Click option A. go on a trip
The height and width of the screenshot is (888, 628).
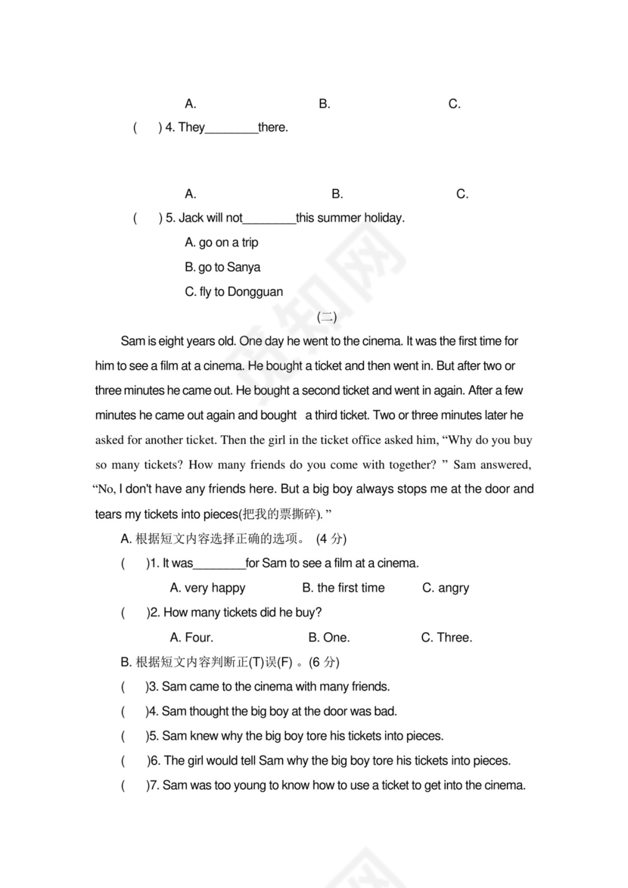tap(221, 243)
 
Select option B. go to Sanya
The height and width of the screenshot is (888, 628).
tap(222, 267)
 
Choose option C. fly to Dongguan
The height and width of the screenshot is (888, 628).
tap(234, 292)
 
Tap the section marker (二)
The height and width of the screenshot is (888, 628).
tap(327, 317)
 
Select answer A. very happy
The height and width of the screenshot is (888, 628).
tap(207, 588)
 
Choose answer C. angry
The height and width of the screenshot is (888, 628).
tap(446, 588)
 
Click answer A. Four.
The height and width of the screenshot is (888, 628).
tap(191, 638)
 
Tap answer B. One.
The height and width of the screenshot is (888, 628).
tap(329, 638)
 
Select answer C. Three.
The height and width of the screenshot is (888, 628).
tap(446, 638)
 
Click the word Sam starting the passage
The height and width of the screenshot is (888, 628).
tap(132, 341)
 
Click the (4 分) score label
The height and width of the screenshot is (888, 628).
tap(331, 539)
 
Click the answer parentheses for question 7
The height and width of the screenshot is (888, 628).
tap(134, 785)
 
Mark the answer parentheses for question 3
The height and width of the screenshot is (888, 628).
tap(134, 687)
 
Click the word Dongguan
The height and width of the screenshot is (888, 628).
tap(255, 292)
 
